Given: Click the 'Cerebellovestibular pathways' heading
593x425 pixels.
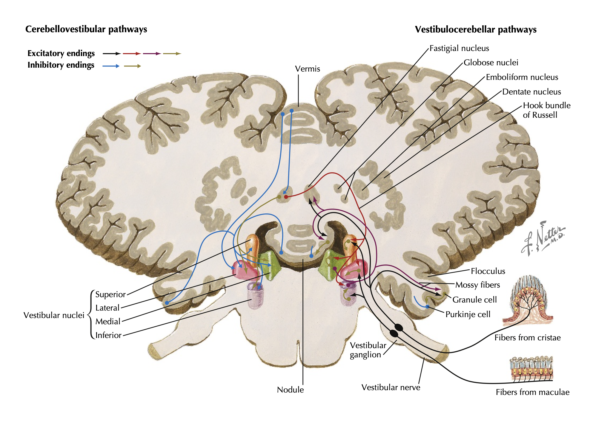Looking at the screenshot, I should [x=86, y=29].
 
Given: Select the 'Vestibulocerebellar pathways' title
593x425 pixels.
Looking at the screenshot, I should [x=475, y=30].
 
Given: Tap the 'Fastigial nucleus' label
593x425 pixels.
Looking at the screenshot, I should [x=459, y=48].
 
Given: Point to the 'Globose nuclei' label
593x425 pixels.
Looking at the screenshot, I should [x=491, y=63].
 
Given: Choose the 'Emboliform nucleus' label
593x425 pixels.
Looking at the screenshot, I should [x=522, y=77].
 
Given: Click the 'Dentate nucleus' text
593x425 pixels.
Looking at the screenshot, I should [x=531, y=92].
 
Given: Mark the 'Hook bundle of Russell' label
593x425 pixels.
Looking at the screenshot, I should [x=546, y=110].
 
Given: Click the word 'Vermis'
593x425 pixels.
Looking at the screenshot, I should [x=307, y=69].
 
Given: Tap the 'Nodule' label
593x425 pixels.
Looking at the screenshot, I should [x=290, y=390].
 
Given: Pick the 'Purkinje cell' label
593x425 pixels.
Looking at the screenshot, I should [x=468, y=314].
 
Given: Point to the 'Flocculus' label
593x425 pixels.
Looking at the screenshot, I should [x=488, y=271].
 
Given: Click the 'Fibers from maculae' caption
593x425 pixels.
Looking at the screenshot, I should [x=532, y=392].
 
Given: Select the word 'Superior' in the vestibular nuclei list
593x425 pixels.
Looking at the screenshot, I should [x=110, y=294].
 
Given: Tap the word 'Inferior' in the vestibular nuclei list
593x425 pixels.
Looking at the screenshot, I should [x=108, y=335].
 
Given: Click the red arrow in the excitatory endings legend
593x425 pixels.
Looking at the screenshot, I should [x=132, y=54].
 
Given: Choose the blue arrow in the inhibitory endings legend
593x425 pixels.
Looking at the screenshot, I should [x=111, y=66].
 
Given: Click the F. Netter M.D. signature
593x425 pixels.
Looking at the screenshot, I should [x=543, y=238].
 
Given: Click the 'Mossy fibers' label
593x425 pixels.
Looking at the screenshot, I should [x=477, y=285].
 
